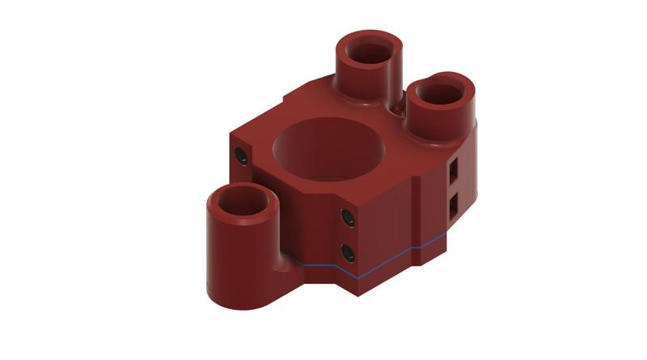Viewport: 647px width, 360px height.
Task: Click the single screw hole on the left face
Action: pyautogui.click(x=240, y=155)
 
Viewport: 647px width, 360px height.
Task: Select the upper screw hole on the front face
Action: pyautogui.click(x=347, y=218)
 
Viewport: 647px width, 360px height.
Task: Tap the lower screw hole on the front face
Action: pyautogui.click(x=347, y=252)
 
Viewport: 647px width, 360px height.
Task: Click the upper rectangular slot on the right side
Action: pyautogui.click(x=455, y=168)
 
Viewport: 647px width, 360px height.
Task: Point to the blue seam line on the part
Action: pyautogui.click(x=388, y=260)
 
